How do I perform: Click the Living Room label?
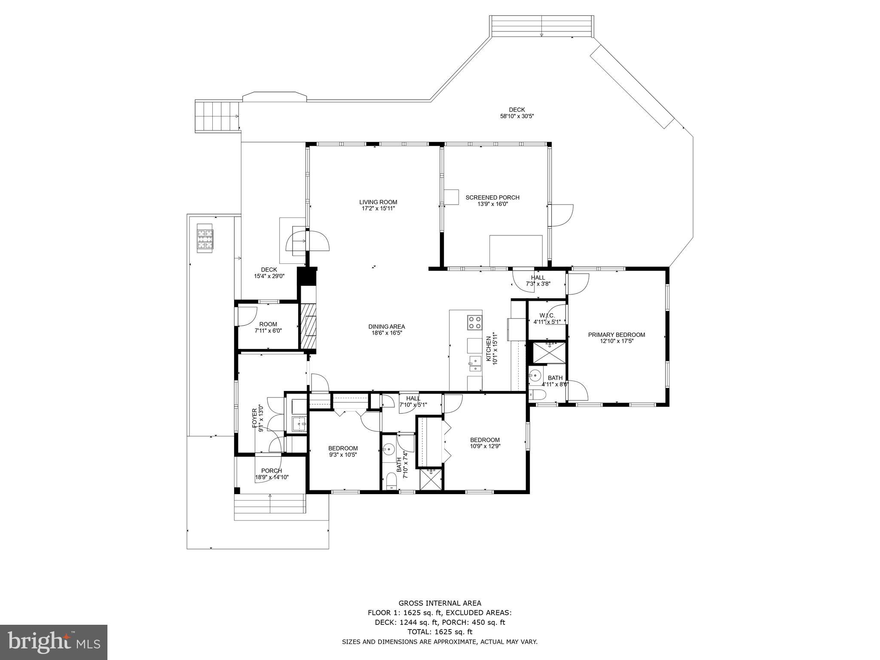pyautogui.click(x=378, y=202)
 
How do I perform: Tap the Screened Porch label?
pyautogui.click(x=492, y=198)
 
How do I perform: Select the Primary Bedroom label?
pyautogui.click(x=616, y=335)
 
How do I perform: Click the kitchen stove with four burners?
pyautogui.click(x=474, y=322)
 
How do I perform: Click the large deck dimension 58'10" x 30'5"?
pyautogui.click(x=517, y=116)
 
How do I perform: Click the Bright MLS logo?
pyautogui.click(x=54, y=642)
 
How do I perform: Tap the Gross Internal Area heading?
pyautogui.click(x=440, y=603)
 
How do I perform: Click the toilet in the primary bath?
pyautogui.click(x=537, y=395)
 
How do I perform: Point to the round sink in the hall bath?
pyautogui.click(x=389, y=449)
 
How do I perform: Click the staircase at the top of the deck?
pyautogui.click(x=541, y=27)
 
